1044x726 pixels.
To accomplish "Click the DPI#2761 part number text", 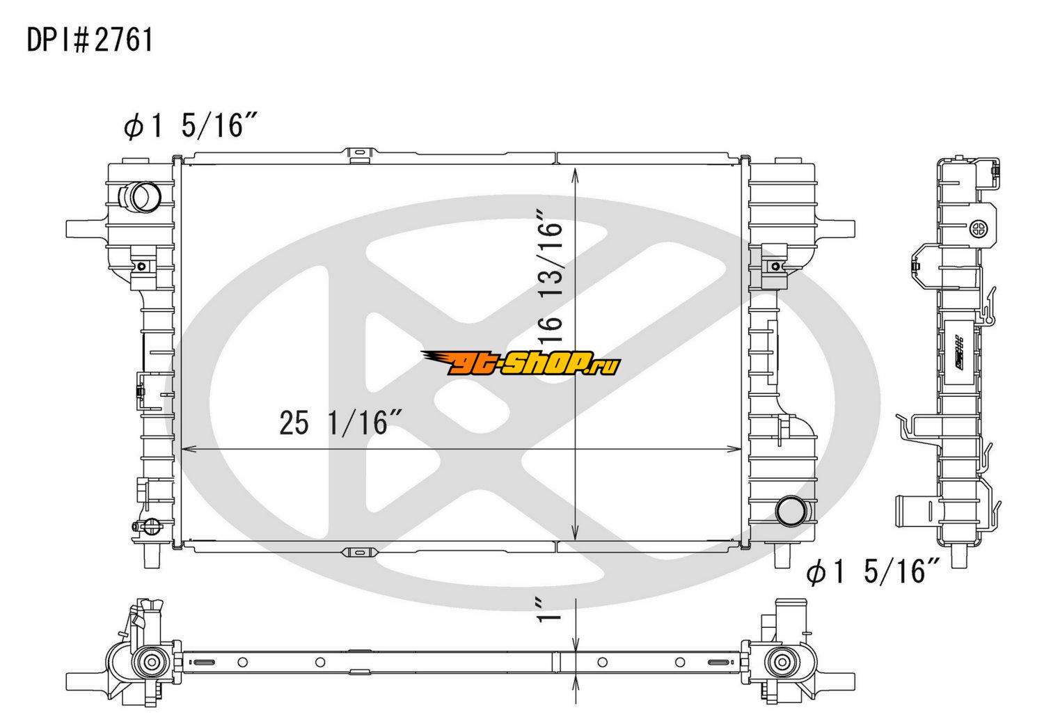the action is point(90,40).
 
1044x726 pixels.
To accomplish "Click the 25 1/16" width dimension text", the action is point(341,423).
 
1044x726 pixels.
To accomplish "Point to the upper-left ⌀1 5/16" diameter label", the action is point(191,125).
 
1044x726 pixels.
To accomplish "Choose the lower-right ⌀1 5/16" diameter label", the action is point(873,571).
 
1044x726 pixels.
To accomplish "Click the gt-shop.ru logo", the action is point(521,363).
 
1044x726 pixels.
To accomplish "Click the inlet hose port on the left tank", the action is point(140,197).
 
